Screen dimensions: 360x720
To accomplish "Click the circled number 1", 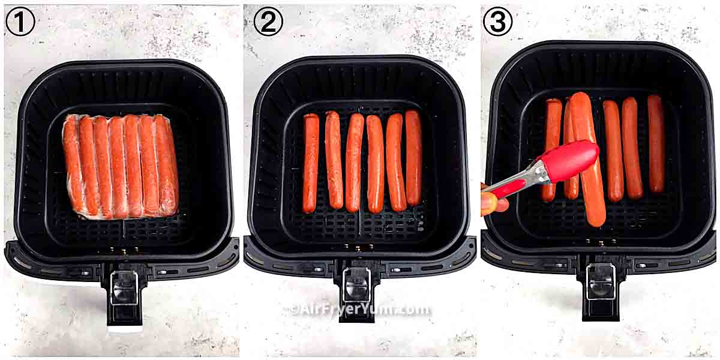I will click(x=20, y=22).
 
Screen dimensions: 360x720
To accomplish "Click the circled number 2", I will click(x=268, y=22).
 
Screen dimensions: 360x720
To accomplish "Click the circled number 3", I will click(x=498, y=22).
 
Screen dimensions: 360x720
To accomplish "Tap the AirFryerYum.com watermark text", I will click(x=360, y=310).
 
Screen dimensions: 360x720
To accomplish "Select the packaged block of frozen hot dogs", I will click(x=121, y=166).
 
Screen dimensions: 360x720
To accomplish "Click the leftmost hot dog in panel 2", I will click(x=311, y=163).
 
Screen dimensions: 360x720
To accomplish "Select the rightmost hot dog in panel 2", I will click(x=413, y=158).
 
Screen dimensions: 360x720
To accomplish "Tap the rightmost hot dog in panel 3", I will click(x=656, y=144).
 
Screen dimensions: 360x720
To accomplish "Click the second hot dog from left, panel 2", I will click(x=334, y=160).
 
